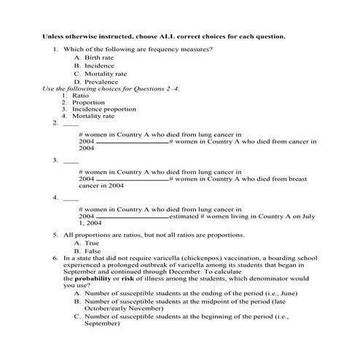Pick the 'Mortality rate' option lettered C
(105, 74)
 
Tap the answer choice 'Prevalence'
(101, 82)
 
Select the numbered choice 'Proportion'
(88, 103)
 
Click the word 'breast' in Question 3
(302, 178)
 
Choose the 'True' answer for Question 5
(91, 243)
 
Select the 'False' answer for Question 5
(92, 251)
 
